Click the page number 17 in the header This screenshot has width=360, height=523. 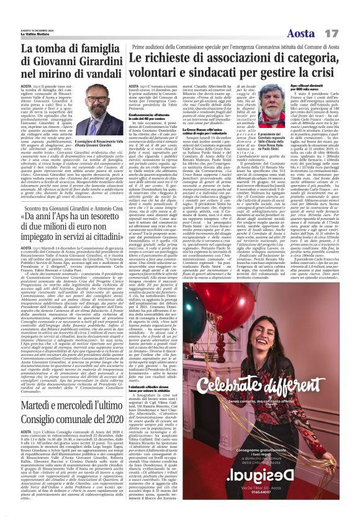[x=348, y=14]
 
